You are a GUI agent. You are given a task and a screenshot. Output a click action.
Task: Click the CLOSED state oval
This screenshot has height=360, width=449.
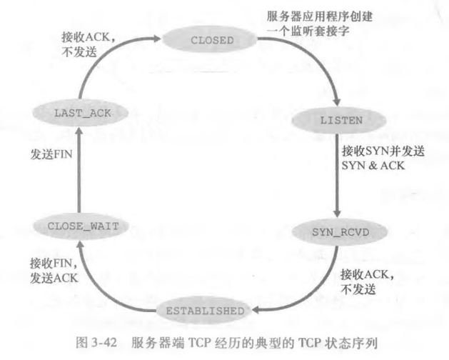coord(212,41)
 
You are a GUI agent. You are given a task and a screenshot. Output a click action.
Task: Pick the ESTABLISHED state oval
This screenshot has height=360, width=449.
coord(204,311)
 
